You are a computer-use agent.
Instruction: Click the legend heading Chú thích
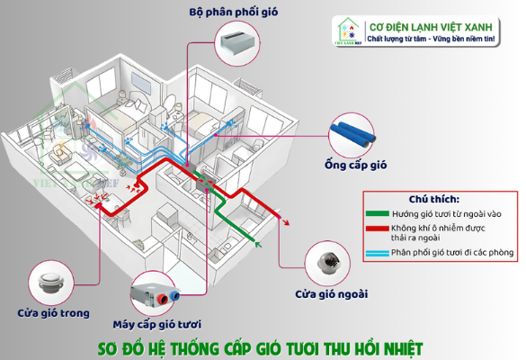click(x=434, y=199)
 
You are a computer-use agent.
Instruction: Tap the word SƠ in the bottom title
click(x=111, y=346)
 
